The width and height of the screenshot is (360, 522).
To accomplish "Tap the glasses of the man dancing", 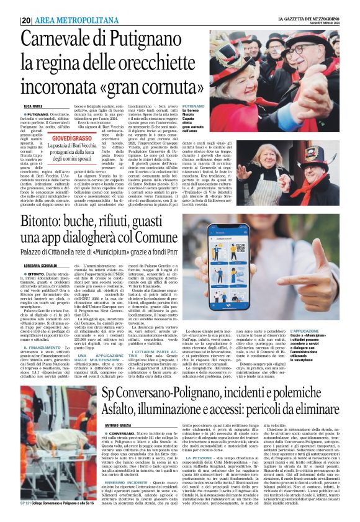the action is coord(245,65).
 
